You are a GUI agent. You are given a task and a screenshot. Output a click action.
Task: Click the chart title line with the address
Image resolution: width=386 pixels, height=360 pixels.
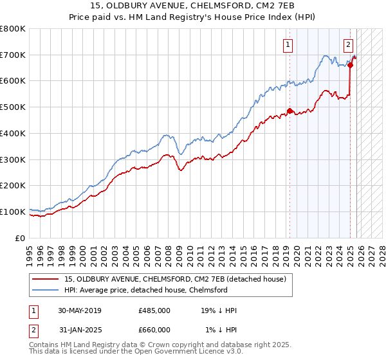[x=192, y=5]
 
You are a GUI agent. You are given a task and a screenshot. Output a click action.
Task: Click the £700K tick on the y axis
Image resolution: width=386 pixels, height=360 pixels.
[x=13, y=55]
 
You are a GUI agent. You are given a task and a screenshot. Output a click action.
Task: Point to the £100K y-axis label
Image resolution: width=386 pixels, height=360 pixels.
[x=13, y=212]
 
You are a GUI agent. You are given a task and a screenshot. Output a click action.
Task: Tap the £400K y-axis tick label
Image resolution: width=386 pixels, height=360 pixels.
[x=13, y=133]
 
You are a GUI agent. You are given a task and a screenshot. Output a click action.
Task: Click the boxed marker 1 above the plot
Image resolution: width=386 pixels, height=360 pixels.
[x=286, y=45]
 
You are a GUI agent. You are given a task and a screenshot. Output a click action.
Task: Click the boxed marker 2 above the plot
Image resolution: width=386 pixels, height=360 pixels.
[x=348, y=45]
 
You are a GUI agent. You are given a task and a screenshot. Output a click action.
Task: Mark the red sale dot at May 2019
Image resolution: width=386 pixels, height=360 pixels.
[x=289, y=111]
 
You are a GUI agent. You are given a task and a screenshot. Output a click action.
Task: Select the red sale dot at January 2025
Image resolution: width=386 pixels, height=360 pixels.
[x=350, y=65]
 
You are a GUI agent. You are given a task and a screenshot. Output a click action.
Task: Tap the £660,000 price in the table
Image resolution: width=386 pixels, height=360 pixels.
[x=154, y=330]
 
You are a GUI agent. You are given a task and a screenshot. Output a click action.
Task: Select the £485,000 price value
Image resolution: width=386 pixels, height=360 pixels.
[x=154, y=310]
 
